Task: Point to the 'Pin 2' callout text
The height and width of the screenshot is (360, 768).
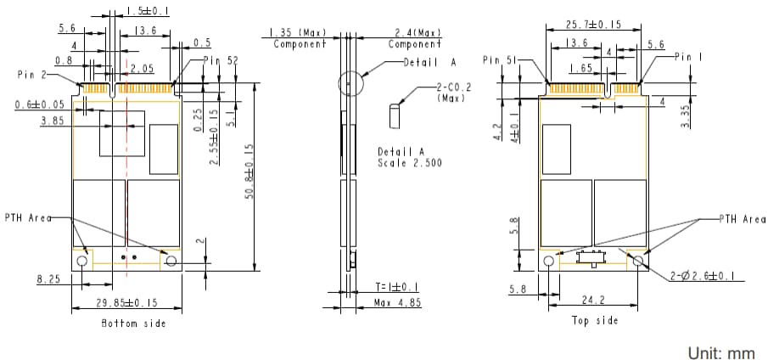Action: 31,75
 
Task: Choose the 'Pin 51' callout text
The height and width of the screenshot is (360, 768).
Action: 497,60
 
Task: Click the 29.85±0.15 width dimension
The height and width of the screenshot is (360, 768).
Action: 125,303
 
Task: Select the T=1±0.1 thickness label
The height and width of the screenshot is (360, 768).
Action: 395,287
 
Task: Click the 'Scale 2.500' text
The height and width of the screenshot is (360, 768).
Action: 411,162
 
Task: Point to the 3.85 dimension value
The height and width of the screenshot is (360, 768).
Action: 53,122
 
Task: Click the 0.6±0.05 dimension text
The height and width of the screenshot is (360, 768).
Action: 39,104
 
